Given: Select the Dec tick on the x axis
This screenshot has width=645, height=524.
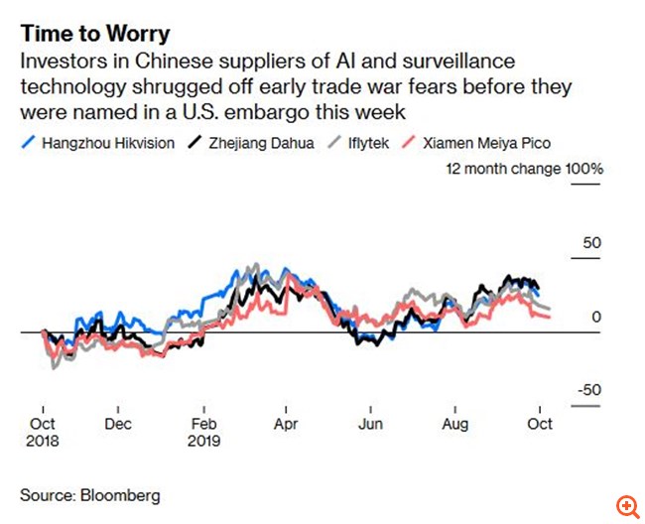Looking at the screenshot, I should [118, 423].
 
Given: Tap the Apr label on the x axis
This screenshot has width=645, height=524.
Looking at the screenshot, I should [286, 423].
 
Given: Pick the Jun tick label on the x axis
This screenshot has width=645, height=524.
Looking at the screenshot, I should [370, 423].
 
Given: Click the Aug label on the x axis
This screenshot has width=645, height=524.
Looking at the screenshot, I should [454, 423].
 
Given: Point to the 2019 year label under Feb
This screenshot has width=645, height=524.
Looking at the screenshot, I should [204, 440].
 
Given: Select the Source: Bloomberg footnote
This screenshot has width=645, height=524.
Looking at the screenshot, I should [90, 494].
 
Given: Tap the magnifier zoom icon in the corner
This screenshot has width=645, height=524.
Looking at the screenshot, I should [626, 506].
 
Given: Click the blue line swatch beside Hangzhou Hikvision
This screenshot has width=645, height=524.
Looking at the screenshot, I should [29, 143].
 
